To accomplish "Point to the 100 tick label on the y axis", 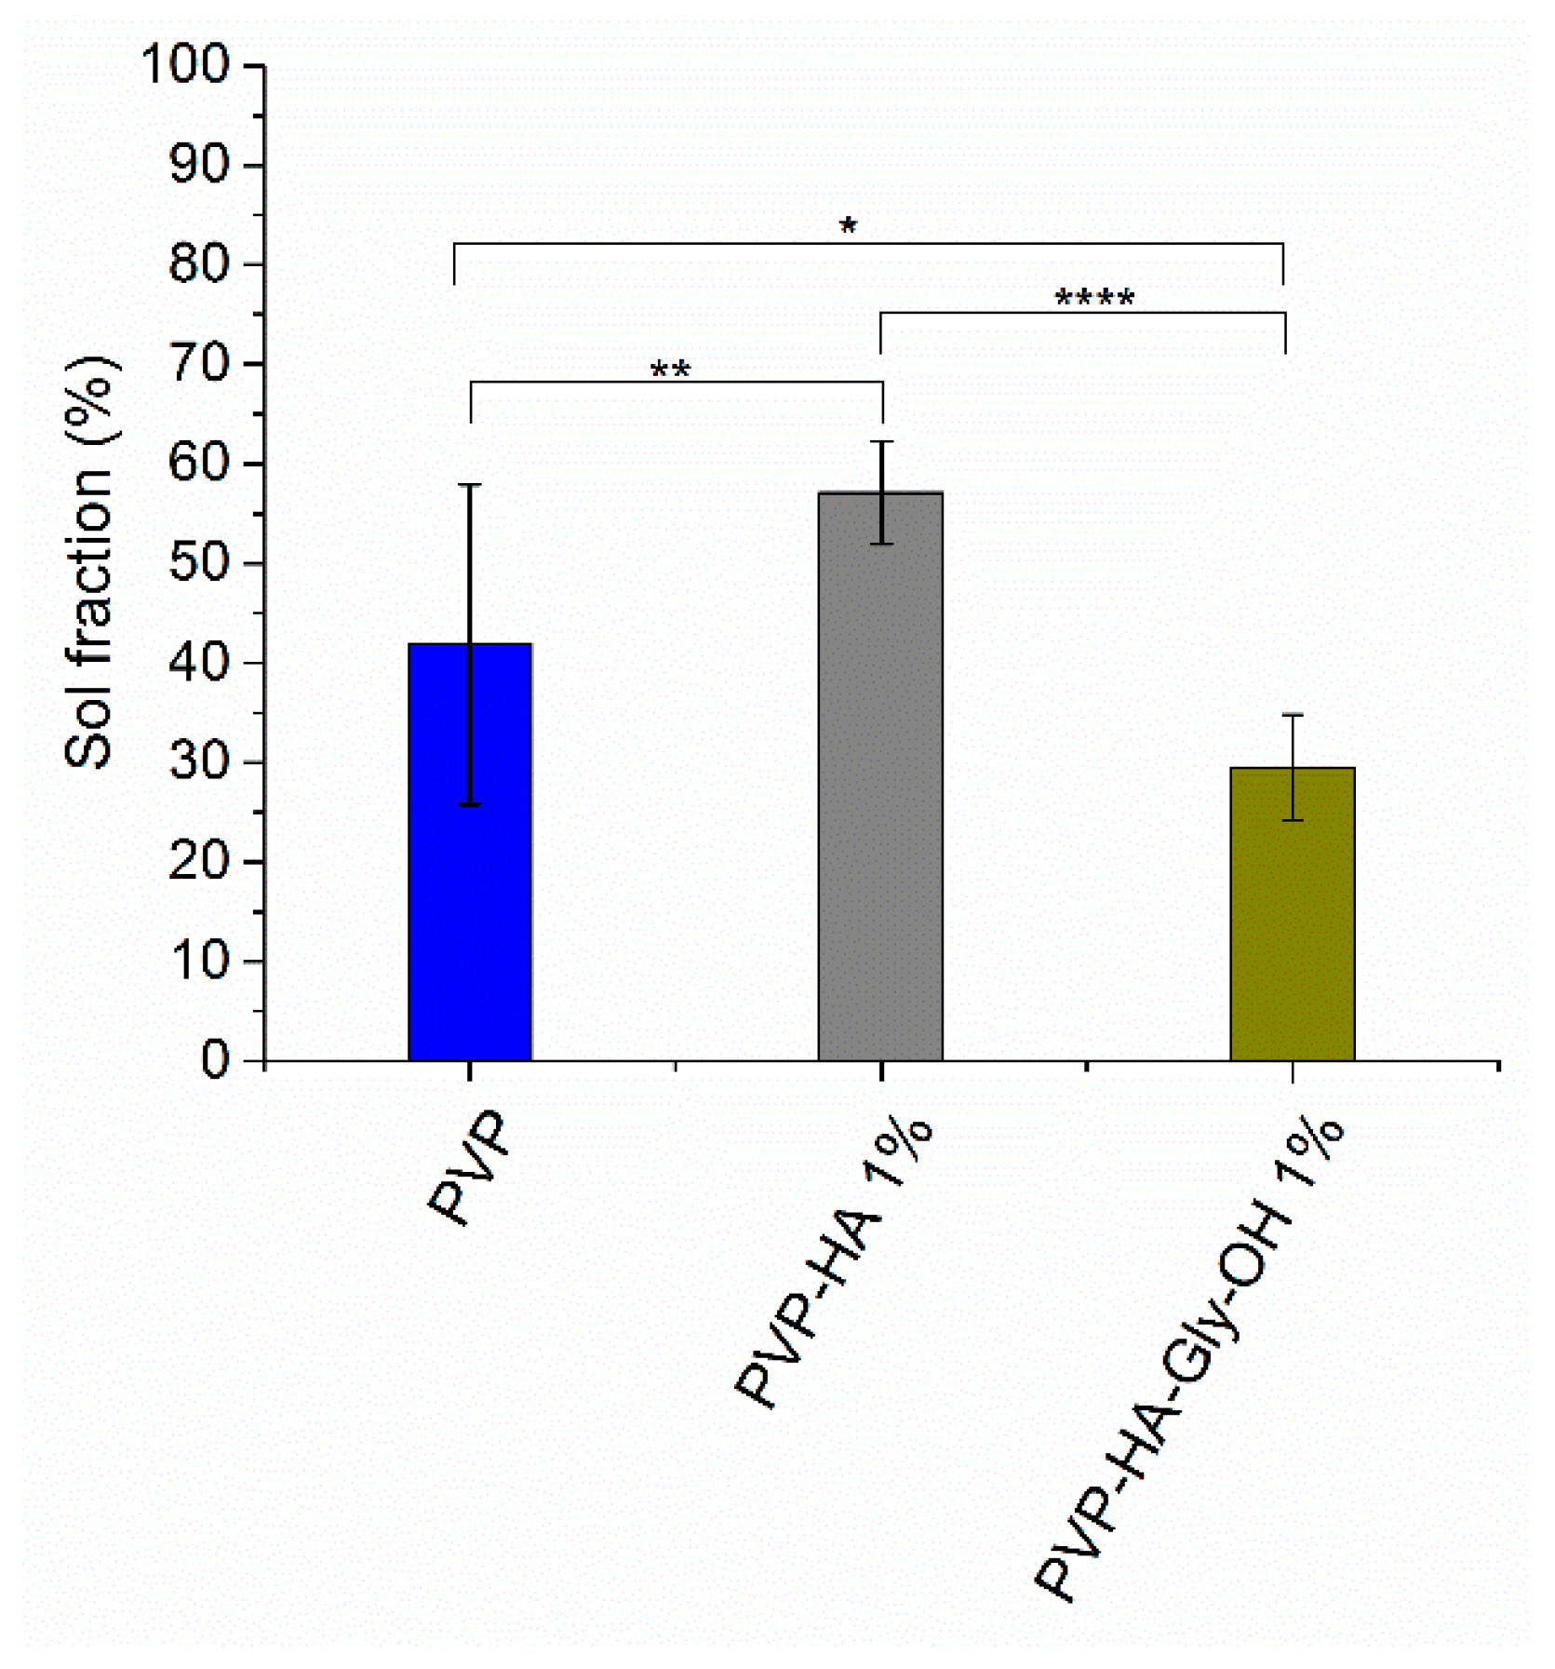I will pyautogui.click(x=185, y=66).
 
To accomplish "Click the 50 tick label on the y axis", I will pyautogui.click(x=199, y=564).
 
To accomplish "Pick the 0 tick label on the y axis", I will pyautogui.click(x=215, y=1061).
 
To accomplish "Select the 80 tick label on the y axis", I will pyautogui.click(x=199, y=265).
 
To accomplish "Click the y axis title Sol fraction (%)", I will pyautogui.click(x=91, y=562).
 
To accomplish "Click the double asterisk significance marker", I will pyautogui.click(x=670, y=370).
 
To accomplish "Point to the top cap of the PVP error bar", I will pyautogui.click(x=470, y=485).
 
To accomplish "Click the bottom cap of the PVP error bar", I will pyautogui.click(x=470, y=804).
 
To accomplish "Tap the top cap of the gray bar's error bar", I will pyautogui.click(x=881, y=442).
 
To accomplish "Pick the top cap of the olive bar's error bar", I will pyautogui.click(x=1293, y=715).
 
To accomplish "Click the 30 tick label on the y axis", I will pyautogui.click(x=199, y=763).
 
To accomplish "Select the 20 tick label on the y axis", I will pyautogui.click(x=199, y=863).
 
